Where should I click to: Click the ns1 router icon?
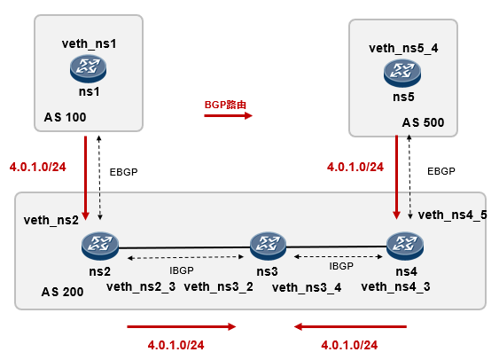click(89, 67)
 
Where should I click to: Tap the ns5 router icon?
click(403, 71)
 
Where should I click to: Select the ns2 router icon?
click(98, 245)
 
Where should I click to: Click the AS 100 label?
click(65, 117)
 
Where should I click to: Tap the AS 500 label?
click(423, 122)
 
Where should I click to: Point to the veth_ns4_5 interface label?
click(452, 215)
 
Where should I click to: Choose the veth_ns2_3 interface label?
click(143, 286)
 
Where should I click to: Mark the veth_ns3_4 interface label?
click(306, 286)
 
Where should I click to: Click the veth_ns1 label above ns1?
click(90, 43)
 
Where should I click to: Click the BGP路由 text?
click(225, 104)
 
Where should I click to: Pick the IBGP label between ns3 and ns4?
click(341, 265)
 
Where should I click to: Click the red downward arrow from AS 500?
click(394, 176)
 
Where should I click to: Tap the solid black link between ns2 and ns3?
click(182, 247)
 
